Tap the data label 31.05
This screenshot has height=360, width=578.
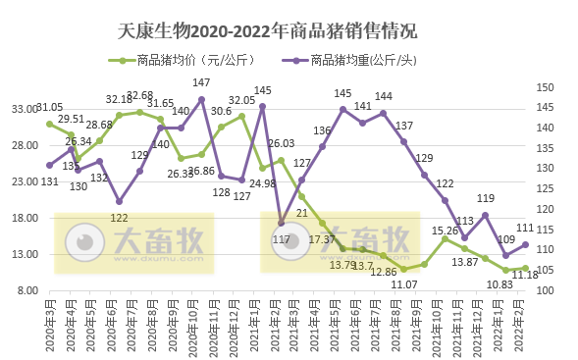click(49, 108)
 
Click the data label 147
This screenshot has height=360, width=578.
click(201, 83)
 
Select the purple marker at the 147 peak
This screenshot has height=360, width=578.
click(201, 99)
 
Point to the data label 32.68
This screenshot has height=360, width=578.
click(139, 95)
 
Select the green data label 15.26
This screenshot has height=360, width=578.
click(446, 231)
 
